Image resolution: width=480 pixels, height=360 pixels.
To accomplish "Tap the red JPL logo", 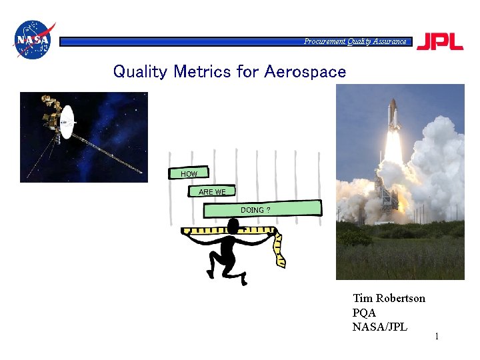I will click(440, 41).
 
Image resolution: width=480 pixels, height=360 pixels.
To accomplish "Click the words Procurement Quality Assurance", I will click(355, 41).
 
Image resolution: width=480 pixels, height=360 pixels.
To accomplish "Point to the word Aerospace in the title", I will click(305, 71).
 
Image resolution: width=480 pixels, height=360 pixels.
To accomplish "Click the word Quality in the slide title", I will click(141, 71).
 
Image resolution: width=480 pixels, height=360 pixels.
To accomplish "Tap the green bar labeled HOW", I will click(189, 174).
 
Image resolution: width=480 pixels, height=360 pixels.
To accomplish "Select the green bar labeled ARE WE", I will click(212, 192).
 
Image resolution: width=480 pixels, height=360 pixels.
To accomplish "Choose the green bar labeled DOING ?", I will click(263, 209).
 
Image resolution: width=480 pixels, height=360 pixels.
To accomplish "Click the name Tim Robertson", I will click(389, 298).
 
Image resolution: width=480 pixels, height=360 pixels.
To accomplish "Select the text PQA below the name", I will click(364, 312).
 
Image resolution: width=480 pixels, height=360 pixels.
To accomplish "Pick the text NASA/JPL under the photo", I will click(379, 327).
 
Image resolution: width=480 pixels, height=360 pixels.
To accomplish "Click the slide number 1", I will click(437, 337).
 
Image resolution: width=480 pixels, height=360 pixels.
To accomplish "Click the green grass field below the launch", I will click(400, 257).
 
